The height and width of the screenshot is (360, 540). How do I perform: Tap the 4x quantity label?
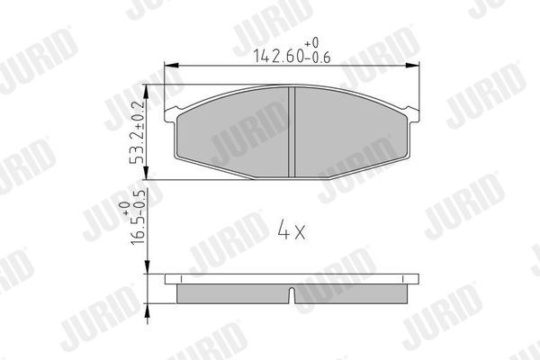292,231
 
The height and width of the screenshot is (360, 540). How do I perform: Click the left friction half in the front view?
234,132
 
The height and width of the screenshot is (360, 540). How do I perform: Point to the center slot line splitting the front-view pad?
293,132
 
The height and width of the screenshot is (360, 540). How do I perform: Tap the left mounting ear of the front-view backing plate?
171,114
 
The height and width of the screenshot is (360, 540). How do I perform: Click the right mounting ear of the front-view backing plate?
416,114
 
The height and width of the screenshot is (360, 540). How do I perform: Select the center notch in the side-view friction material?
293,294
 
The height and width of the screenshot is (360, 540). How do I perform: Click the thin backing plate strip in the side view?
293,279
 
